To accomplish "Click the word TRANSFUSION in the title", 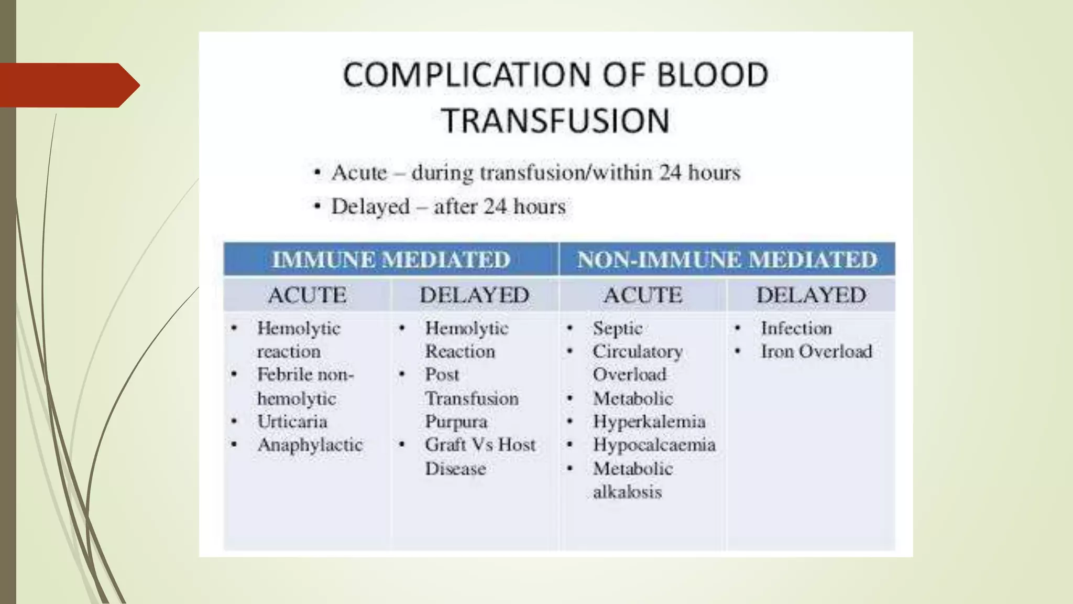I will [556, 120].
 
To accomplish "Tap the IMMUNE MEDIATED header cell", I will [391, 260].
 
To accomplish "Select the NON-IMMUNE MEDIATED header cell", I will [727, 260].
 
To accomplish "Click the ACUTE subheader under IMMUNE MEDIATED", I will [307, 295].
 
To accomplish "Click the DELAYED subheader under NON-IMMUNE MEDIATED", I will [811, 295].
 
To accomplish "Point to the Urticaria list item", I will [292, 422].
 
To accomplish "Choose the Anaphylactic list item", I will [310, 445].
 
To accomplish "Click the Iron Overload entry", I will [816, 351].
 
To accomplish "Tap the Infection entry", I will [796, 328].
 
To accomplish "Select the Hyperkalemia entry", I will [649, 422].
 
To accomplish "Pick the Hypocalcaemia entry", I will [654, 445].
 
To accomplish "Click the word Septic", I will [617, 329].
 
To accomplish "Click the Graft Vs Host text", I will [480, 445].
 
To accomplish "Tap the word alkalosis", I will [627, 492].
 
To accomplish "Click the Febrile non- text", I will [305, 375].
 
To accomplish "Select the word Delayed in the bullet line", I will [370, 207].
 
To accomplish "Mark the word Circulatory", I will [637, 351].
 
